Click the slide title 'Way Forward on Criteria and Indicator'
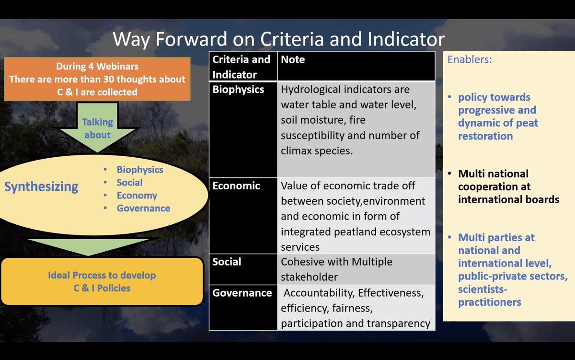point(278,39)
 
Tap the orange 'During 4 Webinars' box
point(97,79)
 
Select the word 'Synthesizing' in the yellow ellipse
point(41,186)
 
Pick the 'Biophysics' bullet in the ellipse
point(140,170)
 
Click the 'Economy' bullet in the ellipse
point(137,196)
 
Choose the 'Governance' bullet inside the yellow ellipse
point(143,208)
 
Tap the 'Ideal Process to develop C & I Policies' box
point(102,282)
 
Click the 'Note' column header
point(293,59)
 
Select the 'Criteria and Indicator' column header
point(241,67)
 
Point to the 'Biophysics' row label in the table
point(238,90)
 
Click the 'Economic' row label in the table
point(236,186)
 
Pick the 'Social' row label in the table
point(227,262)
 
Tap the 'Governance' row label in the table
point(242,293)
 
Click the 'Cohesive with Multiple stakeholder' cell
point(356,269)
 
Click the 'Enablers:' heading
point(470,59)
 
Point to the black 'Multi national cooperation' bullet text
point(508,186)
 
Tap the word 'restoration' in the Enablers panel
point(485,136)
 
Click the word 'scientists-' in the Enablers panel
point(483,290)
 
